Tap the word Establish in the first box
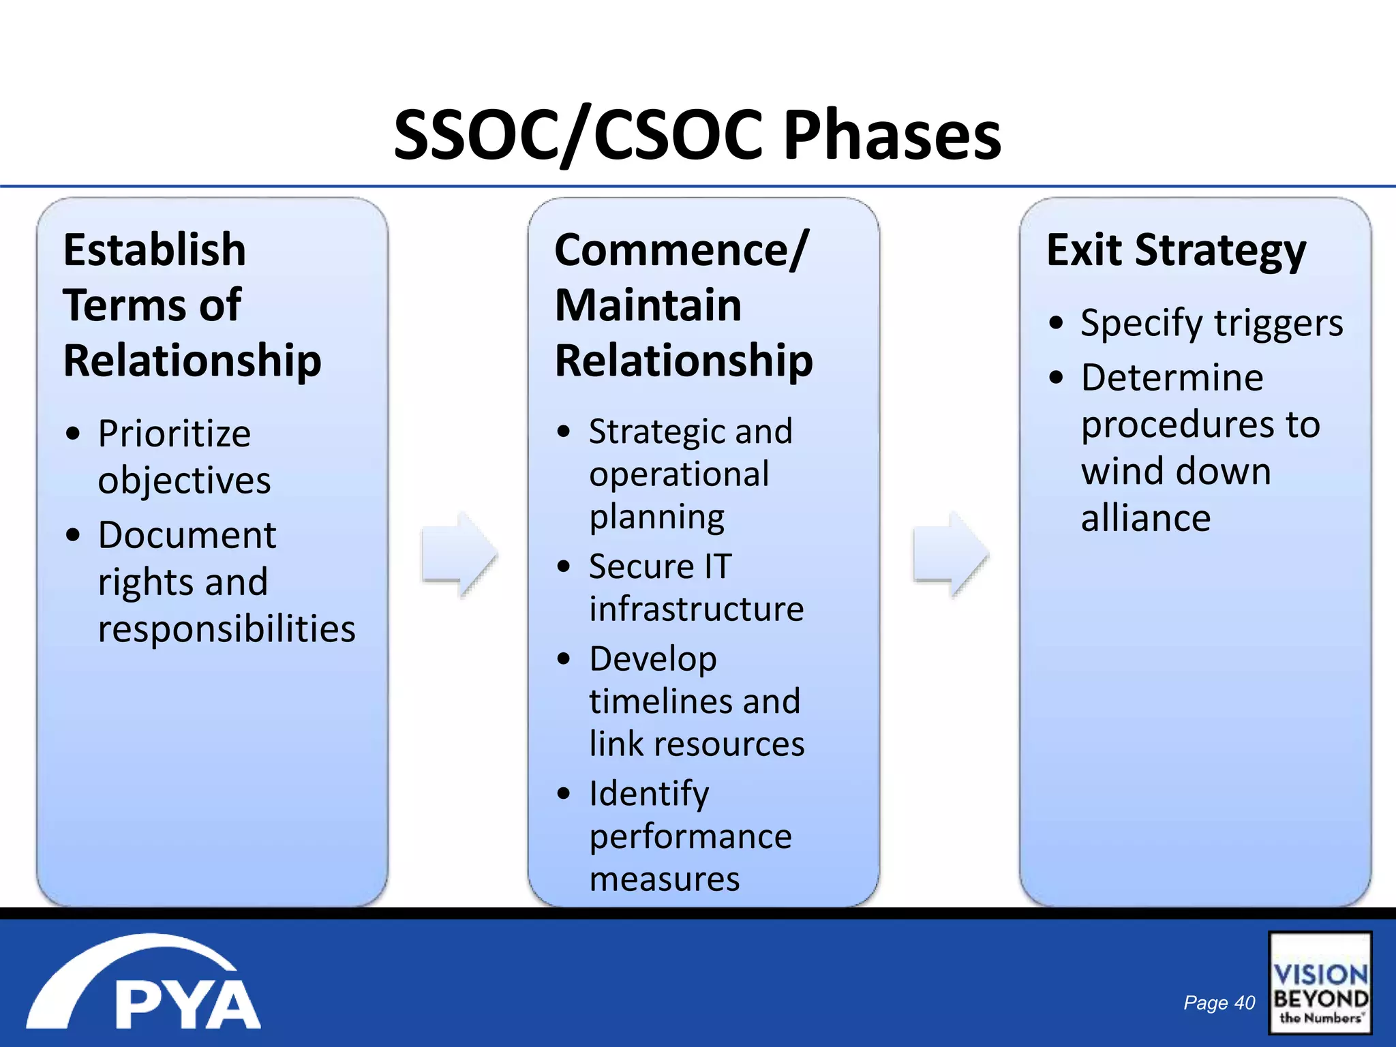tap(155, 250)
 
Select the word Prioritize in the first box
tap(174, 434)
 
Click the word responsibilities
tap(226, 628)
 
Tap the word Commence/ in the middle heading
tap(681, 250)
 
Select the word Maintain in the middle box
tap(648, 305)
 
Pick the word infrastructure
tap(696, 609)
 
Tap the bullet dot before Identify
tap(564, 793)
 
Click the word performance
tap(691, 836)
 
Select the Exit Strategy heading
tap(1176, 251)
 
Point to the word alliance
tap(1146, 518)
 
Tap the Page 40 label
tap(1219, 1003)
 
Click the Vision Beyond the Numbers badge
tap(1320, 984)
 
